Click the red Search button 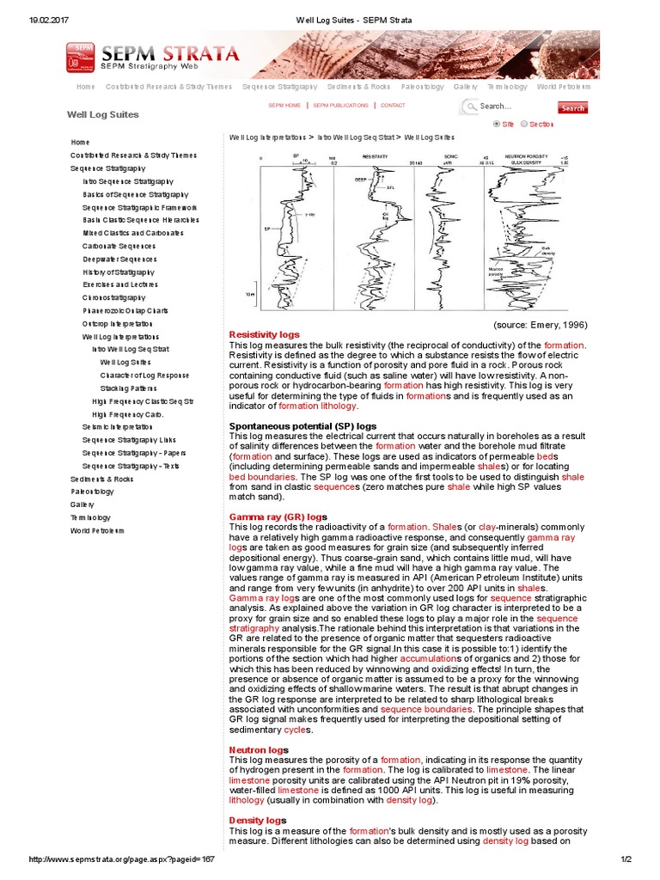click(572, 108)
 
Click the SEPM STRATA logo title click(170, 52)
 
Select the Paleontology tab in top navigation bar click(422, 87)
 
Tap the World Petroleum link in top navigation click(564, 87)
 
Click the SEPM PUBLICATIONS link click(340, 106)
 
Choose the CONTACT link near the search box click(393, 106)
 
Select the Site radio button click(497, 124)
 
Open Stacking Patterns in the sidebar click(125, 388)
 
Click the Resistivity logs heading click(264, 333)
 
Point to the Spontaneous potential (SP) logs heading click(302, 425)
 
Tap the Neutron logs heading click(258, 750)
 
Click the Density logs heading click(257, 821)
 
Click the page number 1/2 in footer click(626, 859)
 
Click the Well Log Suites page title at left click(102, 114)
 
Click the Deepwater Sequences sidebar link click(119, 259)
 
